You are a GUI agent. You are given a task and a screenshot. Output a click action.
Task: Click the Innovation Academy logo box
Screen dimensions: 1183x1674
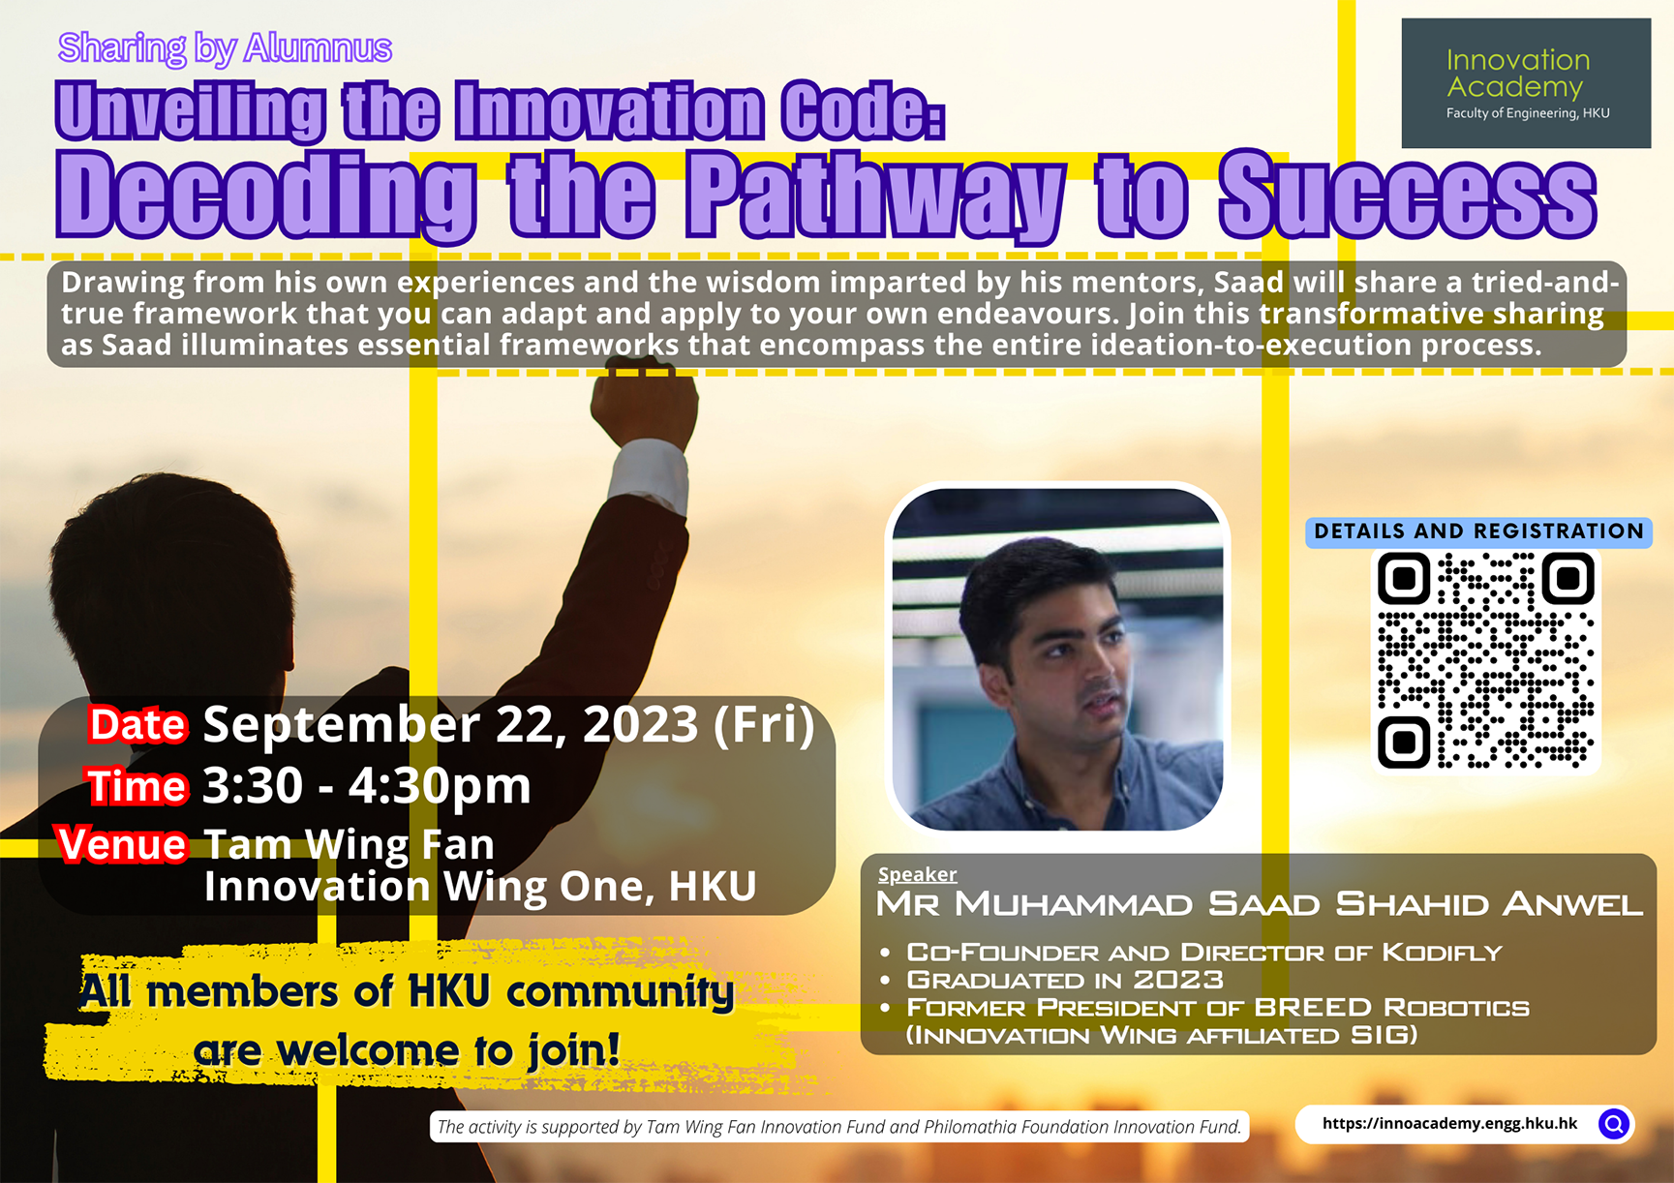point(1525,83)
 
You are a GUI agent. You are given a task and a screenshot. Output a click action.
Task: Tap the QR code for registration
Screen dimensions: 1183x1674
point(1485,660)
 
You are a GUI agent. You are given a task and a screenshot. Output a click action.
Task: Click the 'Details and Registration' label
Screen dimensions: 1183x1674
point(1477,531)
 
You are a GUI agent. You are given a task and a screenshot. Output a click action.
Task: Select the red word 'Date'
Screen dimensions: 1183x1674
point(137,725)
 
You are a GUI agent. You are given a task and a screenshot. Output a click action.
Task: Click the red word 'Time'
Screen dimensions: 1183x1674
point(137,786)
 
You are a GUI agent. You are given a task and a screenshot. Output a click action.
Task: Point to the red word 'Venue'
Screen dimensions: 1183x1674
point(122,845)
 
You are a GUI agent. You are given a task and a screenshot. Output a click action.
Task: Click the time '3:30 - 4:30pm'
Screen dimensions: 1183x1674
point(366,786)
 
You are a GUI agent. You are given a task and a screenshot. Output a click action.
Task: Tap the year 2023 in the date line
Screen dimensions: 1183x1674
point(640,725)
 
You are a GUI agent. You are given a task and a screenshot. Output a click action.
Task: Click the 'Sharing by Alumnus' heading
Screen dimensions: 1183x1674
point(225,47)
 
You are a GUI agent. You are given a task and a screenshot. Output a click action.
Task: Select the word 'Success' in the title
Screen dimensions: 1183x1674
point(1407,197)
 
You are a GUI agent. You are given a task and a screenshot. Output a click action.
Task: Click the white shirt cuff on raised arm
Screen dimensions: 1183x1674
point(649,476)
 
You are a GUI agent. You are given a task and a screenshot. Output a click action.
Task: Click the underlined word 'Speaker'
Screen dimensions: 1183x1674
point(917,874)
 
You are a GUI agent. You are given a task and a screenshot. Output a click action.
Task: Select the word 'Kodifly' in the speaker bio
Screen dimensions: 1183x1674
point(1442,953)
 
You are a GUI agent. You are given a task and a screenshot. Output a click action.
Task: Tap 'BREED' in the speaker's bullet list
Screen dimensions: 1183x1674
point(1313,1008)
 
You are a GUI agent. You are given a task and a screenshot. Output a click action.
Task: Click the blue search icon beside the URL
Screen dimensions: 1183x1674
point(1614,1124)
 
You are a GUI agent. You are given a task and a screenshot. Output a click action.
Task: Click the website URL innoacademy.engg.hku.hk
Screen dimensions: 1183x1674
point(1449,1124)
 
